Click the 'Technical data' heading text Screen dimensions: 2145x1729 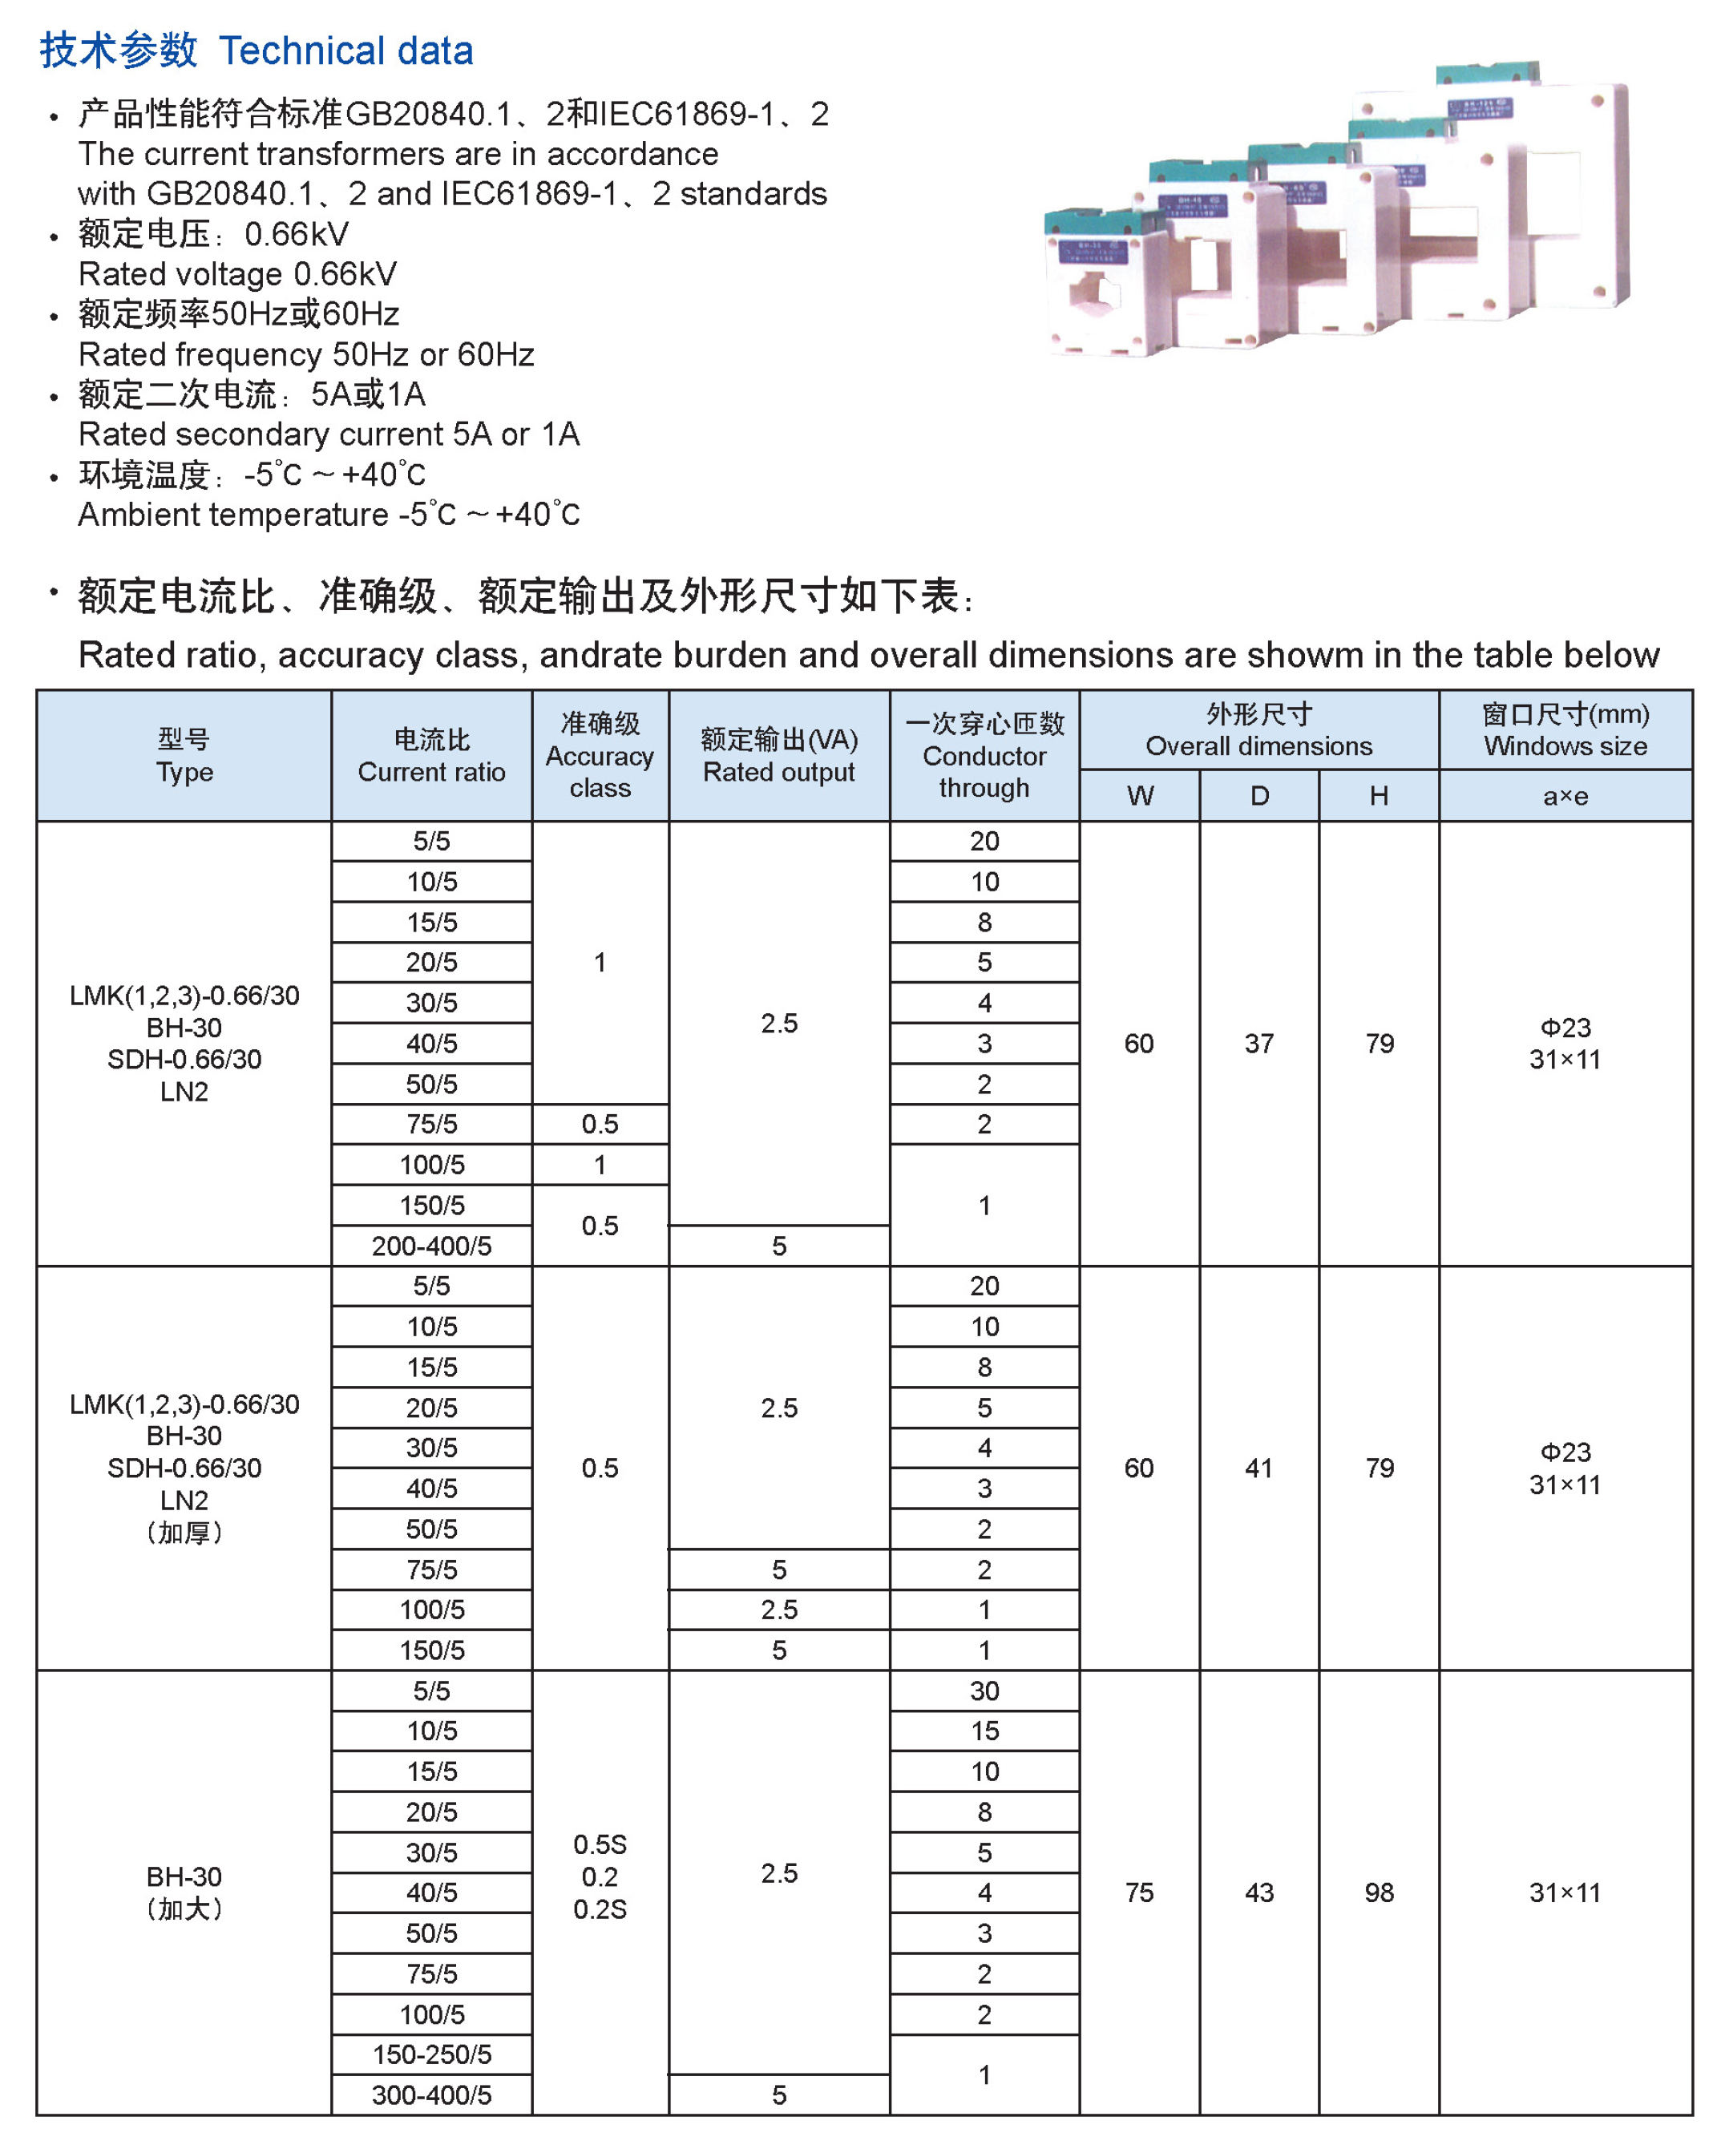point(345,50)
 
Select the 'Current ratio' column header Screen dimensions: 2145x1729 point(431,756)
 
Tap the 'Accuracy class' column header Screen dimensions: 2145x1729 point(600,756)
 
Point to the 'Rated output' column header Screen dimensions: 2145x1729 point(779,756)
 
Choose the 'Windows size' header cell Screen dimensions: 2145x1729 point(1565,730)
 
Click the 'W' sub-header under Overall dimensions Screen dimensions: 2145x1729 point(1139,796)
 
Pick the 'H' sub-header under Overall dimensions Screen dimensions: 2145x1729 point(1379,796)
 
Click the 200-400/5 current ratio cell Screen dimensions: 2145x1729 point(431,1246)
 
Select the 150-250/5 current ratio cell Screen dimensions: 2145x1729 point(431,2054)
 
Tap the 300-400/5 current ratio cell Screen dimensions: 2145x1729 point(431,2095)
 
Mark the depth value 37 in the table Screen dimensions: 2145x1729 point(1259,1044)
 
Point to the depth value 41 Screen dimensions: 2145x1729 point(1259,1468)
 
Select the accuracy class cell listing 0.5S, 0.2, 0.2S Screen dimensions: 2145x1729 point(600,1876)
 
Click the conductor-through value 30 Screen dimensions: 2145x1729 point(984,1691)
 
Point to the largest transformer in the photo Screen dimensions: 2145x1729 point(1544,189)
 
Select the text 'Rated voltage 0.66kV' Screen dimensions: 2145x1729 point(237,274)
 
